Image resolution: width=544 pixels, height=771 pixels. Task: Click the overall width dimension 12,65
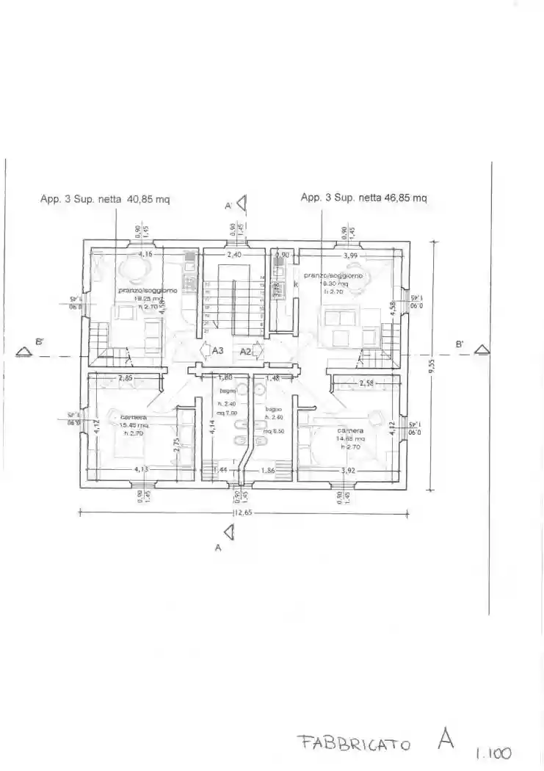(242, 513)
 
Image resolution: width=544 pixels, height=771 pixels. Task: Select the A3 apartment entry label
(217, 352)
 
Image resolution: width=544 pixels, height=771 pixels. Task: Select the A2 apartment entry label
(246, 352)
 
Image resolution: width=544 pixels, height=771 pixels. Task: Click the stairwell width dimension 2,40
(234, 255)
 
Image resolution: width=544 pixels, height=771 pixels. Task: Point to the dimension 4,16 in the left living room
(145, 255)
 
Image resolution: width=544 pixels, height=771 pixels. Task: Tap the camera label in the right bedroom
(350, 430)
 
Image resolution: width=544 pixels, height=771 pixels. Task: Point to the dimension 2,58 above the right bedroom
(367, 383)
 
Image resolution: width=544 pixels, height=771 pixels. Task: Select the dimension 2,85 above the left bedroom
(125, 378)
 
